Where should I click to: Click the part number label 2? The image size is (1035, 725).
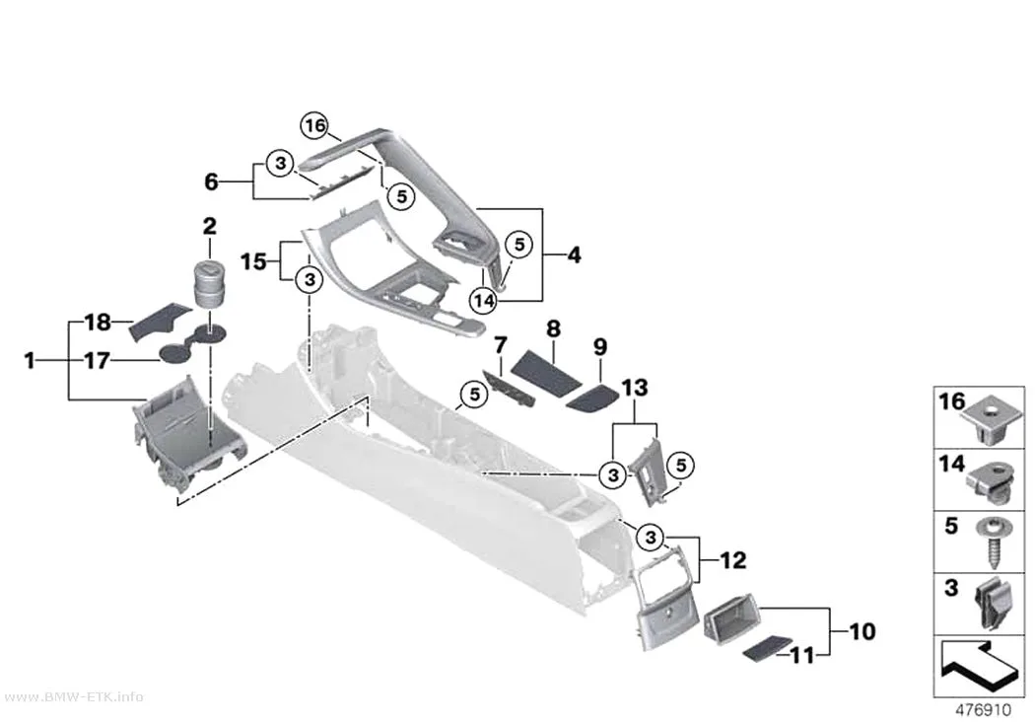point(209,227)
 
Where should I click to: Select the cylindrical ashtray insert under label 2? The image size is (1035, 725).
point(209,284)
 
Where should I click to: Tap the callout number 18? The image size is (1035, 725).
point(98,323)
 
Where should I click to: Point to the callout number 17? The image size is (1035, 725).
point(97,361)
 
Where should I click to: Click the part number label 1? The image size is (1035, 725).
point(29,361)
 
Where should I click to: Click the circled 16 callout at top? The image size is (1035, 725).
point(314,125)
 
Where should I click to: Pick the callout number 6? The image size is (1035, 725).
point(211,181)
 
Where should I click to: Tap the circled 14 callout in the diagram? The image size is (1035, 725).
point(484,301)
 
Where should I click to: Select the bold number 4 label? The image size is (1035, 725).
point(574,254)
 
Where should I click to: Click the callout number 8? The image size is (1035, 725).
point(553,328)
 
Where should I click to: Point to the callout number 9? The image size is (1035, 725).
point(600,346)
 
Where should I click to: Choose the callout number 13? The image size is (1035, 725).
point(635,388)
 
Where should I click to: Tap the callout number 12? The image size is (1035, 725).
point(732,560)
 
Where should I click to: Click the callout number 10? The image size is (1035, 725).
point(862,632)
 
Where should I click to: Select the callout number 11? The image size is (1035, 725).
point(802,655)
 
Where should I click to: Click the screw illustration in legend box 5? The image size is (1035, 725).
point(990,544)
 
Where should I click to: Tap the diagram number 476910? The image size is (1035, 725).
point(984,710)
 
